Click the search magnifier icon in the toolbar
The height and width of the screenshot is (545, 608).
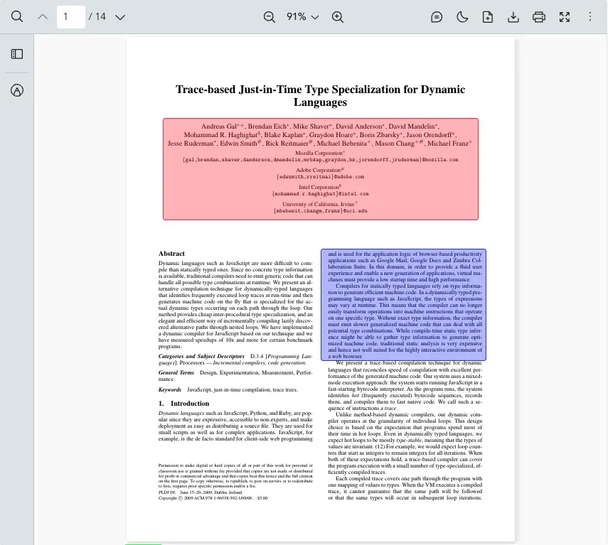[17, 16]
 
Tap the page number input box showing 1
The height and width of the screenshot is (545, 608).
[70, 16]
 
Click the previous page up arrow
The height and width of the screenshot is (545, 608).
[43, 16]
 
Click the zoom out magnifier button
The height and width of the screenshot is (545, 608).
[269, 16]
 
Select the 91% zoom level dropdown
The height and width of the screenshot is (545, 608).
[302, 16]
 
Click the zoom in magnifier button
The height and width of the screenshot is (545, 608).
[338, 16]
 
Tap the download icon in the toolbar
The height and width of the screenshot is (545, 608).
[513, 16]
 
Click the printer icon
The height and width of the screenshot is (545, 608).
[539, 16]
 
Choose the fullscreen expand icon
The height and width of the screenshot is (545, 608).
[565, 16]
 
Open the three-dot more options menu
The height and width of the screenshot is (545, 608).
[590, 16]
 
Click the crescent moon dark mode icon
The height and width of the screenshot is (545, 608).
[462, 16]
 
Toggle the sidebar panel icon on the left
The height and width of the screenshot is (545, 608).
[17, 54]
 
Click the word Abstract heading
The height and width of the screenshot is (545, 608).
[171, 254]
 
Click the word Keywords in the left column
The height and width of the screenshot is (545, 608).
[170, 390]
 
